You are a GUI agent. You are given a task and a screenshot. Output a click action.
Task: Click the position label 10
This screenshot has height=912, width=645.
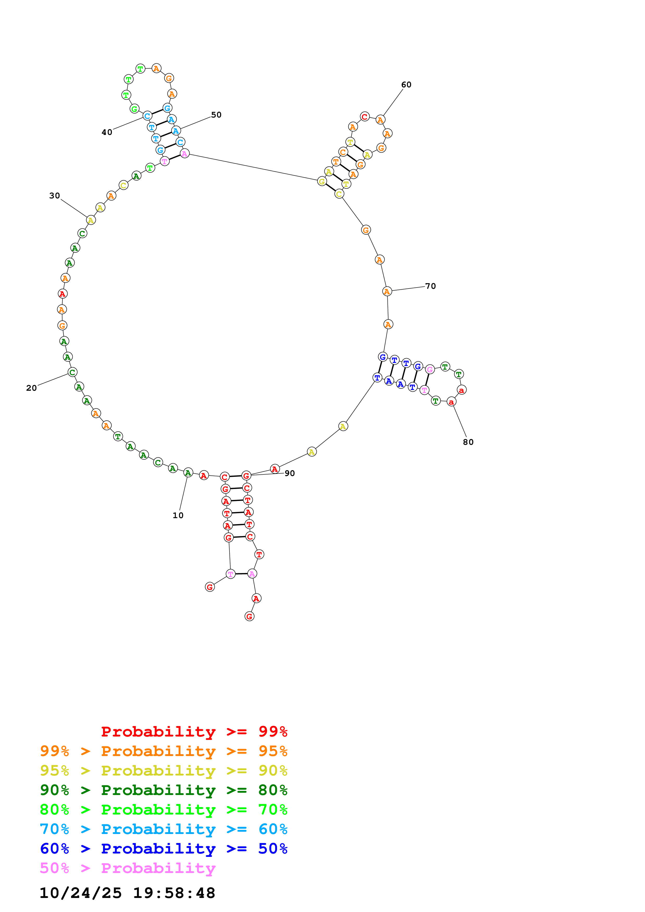tap(178, 516)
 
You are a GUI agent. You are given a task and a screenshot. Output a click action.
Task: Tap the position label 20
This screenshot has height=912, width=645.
tap(31, 388)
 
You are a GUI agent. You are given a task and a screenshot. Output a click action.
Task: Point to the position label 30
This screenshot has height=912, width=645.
tap(54, 196)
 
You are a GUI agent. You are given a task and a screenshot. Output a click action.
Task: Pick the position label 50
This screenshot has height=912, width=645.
tap(216, 115)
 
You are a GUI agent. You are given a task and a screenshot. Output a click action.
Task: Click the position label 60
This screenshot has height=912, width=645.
tap(406, 84)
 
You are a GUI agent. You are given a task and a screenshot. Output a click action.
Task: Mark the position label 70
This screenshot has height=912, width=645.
tap(430, 286)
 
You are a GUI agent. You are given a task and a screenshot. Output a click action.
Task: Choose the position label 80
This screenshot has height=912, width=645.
tap(468, 442)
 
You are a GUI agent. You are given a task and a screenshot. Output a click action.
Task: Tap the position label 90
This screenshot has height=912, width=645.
tap(290, 473)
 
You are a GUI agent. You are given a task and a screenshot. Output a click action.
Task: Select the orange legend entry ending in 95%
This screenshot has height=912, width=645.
tap(164, 751)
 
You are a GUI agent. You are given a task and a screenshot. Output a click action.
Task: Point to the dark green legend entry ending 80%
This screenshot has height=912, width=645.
tap(164, 790)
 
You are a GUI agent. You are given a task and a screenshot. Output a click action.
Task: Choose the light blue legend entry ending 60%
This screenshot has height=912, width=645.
tap(164, 829)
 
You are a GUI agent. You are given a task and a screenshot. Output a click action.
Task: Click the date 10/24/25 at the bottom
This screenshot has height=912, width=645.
tap(80, 893)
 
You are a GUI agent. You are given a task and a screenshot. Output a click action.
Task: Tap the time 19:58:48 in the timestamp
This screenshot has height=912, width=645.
tap(174, 893)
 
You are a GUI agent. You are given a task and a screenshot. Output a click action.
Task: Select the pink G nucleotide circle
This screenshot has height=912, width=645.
tap(430, 369)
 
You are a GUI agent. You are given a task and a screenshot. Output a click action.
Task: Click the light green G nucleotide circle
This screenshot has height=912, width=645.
tap(134, 109)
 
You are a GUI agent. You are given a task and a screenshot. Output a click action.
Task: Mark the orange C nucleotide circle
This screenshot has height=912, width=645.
tap(343, 152)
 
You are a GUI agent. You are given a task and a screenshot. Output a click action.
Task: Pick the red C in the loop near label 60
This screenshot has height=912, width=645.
tap(365, 117)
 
